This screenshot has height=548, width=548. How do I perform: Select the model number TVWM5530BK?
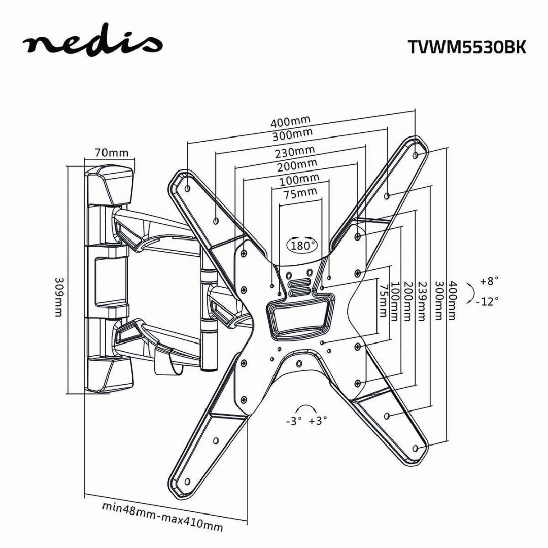click(467, 46)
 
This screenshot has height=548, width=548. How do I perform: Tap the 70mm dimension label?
click(111, 153)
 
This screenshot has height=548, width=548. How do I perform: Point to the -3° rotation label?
click(293, 421)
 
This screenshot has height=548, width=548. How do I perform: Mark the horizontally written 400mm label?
click(290, 122)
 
